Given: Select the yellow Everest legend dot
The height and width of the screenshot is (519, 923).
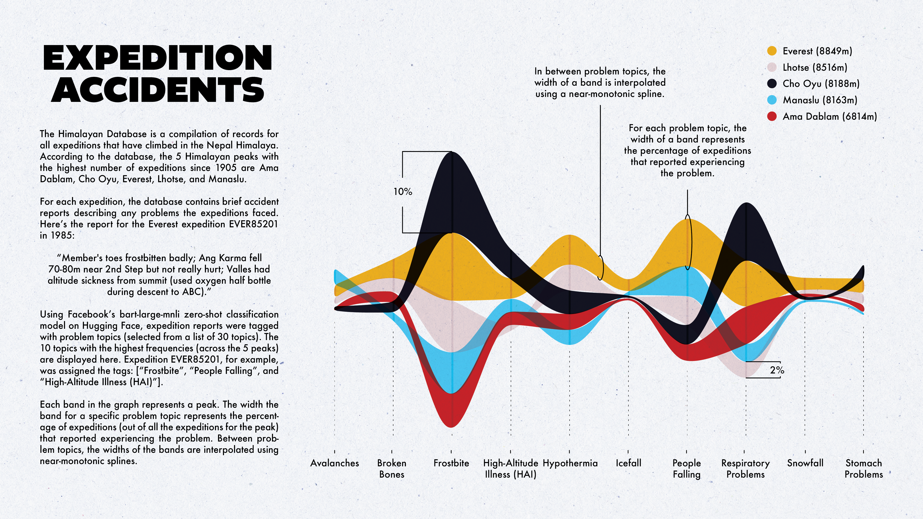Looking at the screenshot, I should pyautogui.click(x=772, y=51).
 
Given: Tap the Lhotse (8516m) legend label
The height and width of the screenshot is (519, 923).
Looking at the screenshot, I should pyautogui.click(x=815, y=67).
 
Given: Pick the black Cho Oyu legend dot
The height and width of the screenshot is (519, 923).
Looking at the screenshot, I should pyautogui.click(x=772, y=83).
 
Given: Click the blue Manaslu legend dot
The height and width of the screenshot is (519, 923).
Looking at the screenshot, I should pyautogui.click(x=772, y=100).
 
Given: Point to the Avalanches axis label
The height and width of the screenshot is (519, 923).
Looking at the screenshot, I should pyautogui.click(x=334, y=463).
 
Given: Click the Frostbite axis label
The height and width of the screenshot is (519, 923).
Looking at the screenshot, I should pyautogui.click(x=451, y=463).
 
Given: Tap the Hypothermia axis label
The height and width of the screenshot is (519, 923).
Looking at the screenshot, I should pyautogui.click(x=570, y=463).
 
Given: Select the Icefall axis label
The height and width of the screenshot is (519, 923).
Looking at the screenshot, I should pyautogui.click(x=628, y=463).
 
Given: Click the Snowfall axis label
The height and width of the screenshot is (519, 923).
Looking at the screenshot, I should pyautogui.click(x=805, y=463).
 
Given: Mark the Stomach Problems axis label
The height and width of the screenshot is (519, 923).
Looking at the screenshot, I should pyautogui.click(x=864, y=469).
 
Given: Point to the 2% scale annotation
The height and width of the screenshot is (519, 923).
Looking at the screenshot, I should pyautogui.click(x=777, y=370).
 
